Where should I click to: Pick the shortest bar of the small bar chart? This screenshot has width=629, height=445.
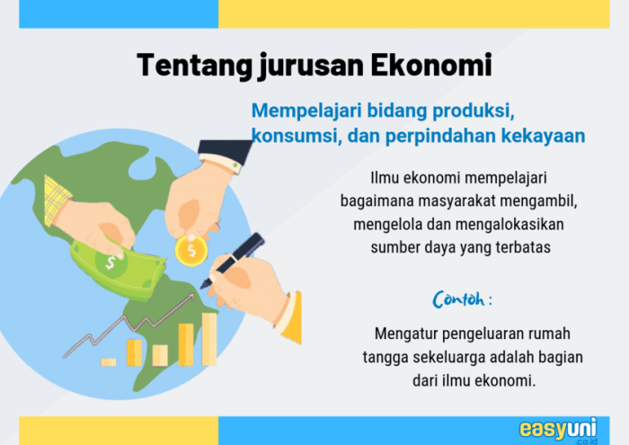[109, 361]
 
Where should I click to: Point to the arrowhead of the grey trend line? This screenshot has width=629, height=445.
[194, 296]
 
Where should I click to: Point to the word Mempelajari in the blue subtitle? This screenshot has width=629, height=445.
[307, 111]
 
